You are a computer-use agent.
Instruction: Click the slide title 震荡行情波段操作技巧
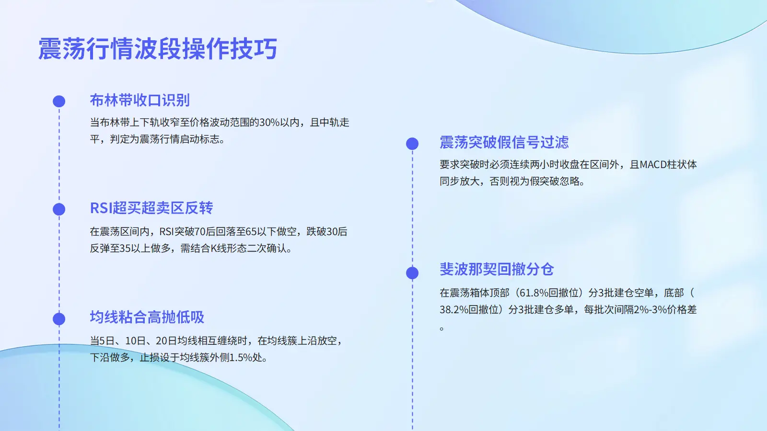(158, 48)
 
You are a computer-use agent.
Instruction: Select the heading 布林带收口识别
(139, 100)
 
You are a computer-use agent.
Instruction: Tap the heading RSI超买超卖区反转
(151, 208)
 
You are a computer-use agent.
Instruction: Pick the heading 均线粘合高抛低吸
(147, 317)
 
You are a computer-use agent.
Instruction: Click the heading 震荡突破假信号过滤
(504, 142)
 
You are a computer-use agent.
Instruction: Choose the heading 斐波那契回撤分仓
(497, 269)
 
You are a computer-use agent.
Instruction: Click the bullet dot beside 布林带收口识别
(59, 101)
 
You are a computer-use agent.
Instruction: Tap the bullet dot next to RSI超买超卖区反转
(59, 209)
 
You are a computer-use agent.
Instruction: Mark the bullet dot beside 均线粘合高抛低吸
(59, 319)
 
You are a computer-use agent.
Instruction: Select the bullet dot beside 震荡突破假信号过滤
(412, 144)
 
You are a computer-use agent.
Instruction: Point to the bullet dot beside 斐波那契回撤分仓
(412, 273)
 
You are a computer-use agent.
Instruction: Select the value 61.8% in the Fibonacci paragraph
(534, 293)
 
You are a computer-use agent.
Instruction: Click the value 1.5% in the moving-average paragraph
(241, 357)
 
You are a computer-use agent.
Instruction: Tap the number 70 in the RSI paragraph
(200, 232)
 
